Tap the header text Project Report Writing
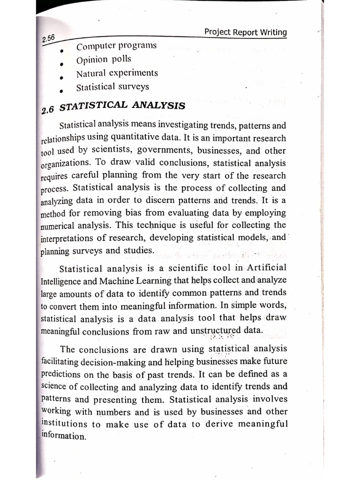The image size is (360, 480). point(246,32)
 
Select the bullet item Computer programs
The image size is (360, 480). point(116,46)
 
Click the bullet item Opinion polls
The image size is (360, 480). point(104,60)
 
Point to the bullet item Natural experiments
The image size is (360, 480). point(117,73)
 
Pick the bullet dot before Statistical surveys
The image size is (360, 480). point(61,91)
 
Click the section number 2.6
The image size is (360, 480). point(48,111)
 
